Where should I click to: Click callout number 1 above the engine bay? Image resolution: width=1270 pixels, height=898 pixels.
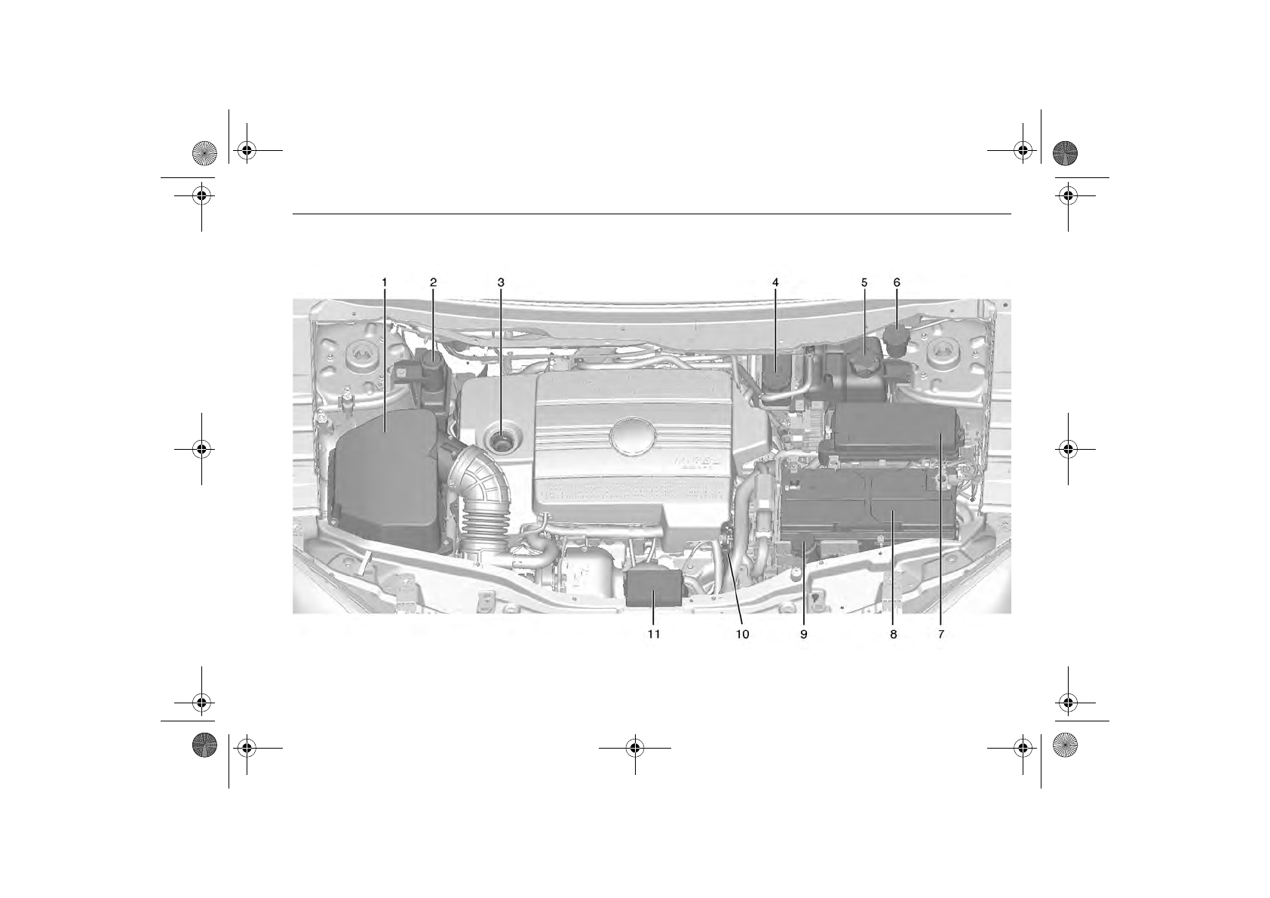tap(384, 282)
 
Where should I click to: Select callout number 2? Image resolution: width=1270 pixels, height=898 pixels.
tap(434, 282)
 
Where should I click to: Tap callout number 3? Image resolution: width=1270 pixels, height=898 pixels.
tap(501, 282)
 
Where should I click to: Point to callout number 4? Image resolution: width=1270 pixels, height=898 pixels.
tap(775, 282)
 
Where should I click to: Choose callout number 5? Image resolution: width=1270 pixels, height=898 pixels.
tap(864, 282)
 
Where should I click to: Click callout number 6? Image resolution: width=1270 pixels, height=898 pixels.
tap(897, 282)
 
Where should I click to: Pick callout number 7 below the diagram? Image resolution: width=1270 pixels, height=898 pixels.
tap(941, 635)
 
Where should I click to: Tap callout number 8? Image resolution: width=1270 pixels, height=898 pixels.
tap(894, 635)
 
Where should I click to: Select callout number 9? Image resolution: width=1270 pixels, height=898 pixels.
tap(804, 635)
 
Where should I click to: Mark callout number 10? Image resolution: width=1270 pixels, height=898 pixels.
tap(743, 635)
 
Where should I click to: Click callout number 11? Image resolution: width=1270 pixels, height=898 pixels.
tap(654, 635)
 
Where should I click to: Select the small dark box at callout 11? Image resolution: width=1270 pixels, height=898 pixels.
tap(654, 589)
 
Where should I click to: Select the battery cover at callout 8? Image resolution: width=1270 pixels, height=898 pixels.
tap(867, 502)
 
